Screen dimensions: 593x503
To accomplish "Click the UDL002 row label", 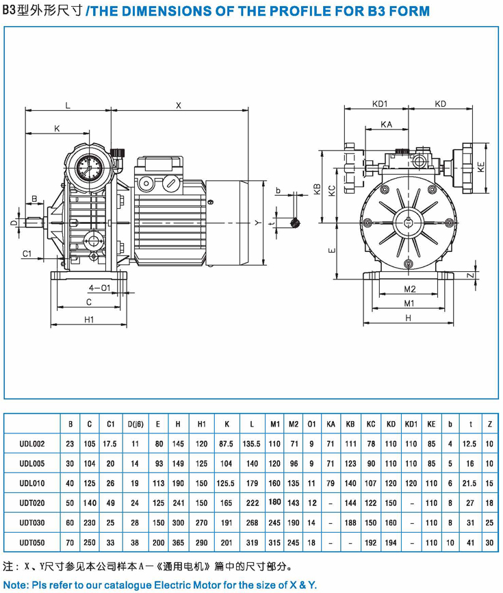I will coord(32,444).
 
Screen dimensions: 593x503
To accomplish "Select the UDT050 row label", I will coord(32,542).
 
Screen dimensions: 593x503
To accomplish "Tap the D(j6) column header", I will coord(135,425).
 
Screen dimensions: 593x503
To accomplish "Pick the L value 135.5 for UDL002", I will coord(252,444).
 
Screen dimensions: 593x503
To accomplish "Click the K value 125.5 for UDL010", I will coord(226,483).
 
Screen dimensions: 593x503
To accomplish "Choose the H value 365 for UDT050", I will coord(179,542).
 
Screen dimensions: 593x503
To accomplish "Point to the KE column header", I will coord(431,425).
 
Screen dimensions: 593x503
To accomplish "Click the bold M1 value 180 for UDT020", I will coord(275,502).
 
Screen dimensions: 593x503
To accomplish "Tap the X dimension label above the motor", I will coord(179,105).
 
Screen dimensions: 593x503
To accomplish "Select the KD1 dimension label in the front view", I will coord(380,104).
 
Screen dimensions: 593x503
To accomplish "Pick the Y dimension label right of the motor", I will coord(257,223).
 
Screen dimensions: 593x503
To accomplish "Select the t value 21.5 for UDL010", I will coord(470,483).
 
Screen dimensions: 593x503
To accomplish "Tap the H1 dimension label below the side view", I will coord(89,319).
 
